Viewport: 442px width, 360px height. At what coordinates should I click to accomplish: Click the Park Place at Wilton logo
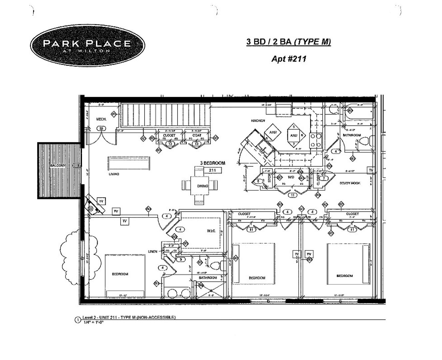88,45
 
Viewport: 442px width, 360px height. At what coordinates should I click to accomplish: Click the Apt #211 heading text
288,59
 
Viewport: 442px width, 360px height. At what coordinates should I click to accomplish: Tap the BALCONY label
59,165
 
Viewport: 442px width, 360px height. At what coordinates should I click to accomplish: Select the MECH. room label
101,119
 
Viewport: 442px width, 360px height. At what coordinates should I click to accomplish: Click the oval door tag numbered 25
101,128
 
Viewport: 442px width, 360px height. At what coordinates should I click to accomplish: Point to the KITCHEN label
258,121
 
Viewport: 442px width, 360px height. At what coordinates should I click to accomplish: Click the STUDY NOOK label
350,183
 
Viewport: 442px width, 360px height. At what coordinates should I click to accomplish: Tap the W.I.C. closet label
212,231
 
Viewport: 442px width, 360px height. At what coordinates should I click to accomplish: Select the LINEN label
153,251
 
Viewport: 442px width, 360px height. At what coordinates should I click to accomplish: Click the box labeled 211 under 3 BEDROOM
213,170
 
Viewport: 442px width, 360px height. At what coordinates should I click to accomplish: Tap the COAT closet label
197,135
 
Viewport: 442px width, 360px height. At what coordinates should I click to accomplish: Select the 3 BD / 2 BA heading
288,42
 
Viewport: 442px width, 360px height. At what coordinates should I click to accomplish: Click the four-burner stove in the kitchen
316,140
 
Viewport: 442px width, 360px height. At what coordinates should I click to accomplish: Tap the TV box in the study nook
371,171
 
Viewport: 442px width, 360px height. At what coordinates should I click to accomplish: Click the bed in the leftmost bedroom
125,276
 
